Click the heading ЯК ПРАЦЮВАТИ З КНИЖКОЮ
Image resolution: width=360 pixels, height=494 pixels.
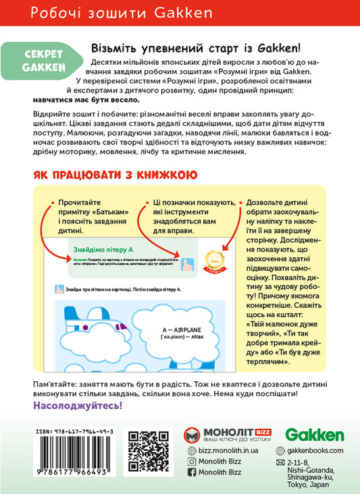coord(115,175)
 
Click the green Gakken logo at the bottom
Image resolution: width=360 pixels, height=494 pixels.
coord(314,435)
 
